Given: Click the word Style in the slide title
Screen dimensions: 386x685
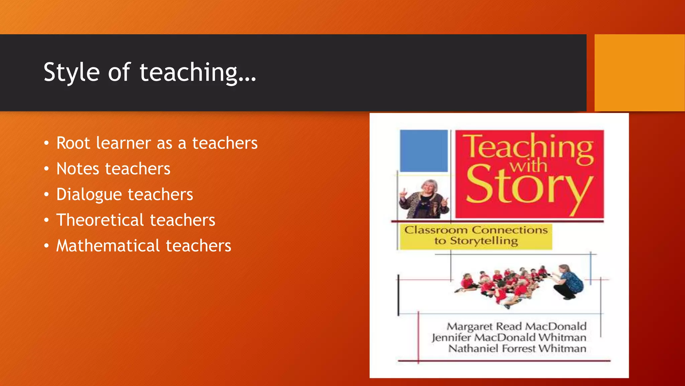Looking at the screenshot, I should (x=72, y=72).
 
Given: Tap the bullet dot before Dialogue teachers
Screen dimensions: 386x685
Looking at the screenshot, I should (x=46, y=194).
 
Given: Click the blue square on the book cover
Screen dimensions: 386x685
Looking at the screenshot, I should (x=424, y=151).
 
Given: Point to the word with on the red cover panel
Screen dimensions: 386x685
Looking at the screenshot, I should (x=528, y=167).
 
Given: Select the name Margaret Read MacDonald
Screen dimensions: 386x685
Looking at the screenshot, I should (x=516, y=326).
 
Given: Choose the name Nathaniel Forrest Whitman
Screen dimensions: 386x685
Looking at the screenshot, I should (x=517, y=348).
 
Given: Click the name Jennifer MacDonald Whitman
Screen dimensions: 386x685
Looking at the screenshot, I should (x=509, y=337).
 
